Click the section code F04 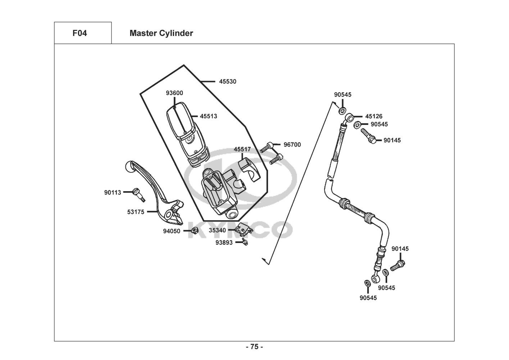coord(79,33)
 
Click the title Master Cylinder coord(161,33)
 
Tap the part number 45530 coord(228,82)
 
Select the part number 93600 coord(174,93)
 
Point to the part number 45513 coord(209,116)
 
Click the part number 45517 coord(242,149)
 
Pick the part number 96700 coord(292,145)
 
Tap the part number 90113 coord(113,193)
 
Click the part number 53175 coord(136,212)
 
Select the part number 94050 coord(172,231)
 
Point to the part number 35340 coord(217,230)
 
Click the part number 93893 coord(224,243)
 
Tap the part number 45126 coord(374,116)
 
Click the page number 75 coord(254,347)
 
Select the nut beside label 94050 coord(194,231)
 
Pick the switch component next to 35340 coord(243,229)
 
